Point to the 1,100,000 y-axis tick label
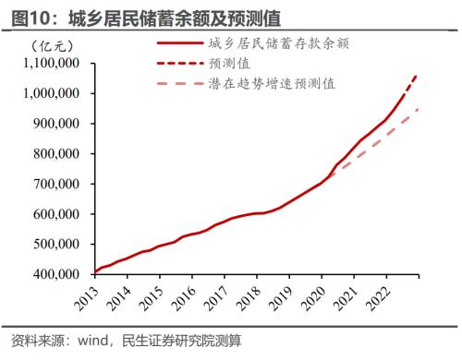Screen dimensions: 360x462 click(x=51, y=64)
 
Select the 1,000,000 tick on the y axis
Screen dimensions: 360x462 click(x=51, y=94)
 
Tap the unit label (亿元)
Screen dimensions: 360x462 click(x=45, y=45)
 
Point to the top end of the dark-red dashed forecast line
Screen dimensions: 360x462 click(x=416, y=75)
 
